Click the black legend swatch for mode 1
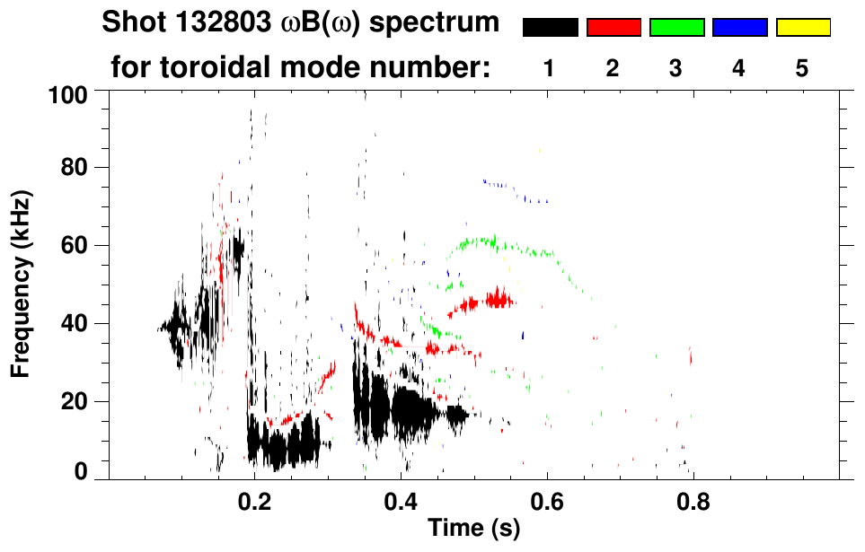pyautogui.click(x=550, y=28)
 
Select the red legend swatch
pyautogui.click(x=613, y=28)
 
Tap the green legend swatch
pyautogui.click(x=676, y=28)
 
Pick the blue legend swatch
pyautogui.click(x=739, y=28)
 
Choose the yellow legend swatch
pyautogui.click(x=802, y=28)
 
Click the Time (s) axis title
pyautogui.click(x=472, y=528)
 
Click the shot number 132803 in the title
pyautogui.click(x=220, y=22)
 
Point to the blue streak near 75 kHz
pyautogui.click(x=503, y=187)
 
